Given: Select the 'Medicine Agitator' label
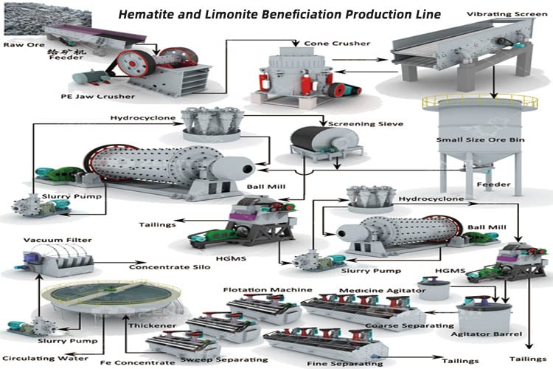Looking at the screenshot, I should [381, 290].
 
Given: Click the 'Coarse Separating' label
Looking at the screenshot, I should [408, 325].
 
